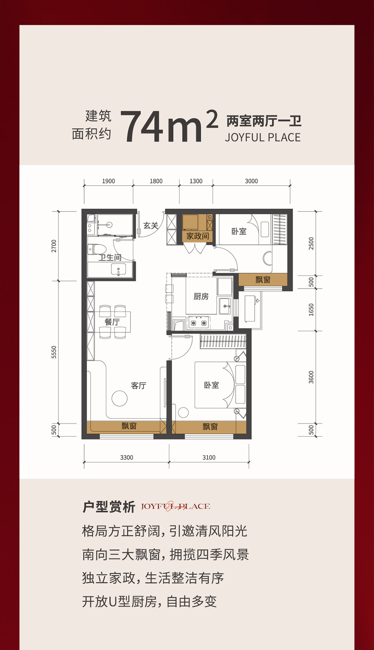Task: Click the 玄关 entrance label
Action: click(x=151, y=225)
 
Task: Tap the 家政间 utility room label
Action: click(x=197, y=236)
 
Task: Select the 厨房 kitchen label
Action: click(x=201, y=296)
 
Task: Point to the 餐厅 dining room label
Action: click(x=112, y=322)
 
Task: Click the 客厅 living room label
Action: click(x=138, y=385)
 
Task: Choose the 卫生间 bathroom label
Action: click(x=110, y=258)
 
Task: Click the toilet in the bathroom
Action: click(x=97, y=249)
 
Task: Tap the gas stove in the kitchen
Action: click(x=199, y=322)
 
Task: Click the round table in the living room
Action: click(x=119, y=398)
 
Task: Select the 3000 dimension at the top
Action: click(x=251, y=181)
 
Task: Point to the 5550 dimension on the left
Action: click(x=54, y=352)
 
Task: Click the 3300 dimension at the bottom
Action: click(x=126, y=458)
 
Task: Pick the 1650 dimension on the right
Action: click(x=311, y=310)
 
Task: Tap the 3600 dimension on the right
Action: click(x=311, y=377)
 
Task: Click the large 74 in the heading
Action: click(x=143, y=127)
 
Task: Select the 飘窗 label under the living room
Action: click(x=129, y=426)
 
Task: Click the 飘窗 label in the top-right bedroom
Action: click(x=263, y=279)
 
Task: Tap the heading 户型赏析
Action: click(x=108, y=507)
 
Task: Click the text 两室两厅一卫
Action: click(x=264, y=121)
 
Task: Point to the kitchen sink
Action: click(x=225, y=306)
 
